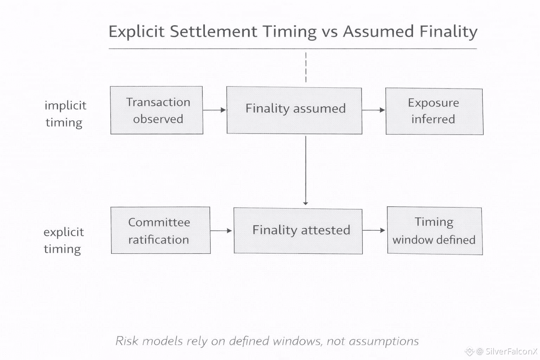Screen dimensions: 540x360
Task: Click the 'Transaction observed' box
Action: pos(157,110)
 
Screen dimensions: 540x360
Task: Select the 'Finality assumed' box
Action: pos(294,110)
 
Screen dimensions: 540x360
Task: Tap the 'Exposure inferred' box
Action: pos(435,111)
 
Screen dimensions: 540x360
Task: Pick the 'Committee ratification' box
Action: pos(161,230)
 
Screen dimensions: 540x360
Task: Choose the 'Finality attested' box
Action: pos(298,231)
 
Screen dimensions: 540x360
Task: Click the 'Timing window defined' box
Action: pos(435,231)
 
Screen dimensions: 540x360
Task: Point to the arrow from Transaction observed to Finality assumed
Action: pos(214,110)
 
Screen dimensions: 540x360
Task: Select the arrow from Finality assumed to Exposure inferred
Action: pos(374,110)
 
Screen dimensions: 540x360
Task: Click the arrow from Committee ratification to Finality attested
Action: pos(221,231)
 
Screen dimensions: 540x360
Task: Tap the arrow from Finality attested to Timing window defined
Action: pos(374,230)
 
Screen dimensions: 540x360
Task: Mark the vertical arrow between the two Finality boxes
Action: pos(306,170)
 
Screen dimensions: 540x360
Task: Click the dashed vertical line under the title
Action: pos(306,67)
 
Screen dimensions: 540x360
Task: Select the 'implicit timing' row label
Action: pos(65,114)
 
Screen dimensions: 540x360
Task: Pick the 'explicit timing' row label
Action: pos(64,240)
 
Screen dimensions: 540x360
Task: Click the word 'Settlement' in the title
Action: pos(214,31)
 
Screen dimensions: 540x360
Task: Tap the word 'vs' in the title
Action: pos(329,32)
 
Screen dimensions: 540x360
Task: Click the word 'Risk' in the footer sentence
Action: pos(127,341)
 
